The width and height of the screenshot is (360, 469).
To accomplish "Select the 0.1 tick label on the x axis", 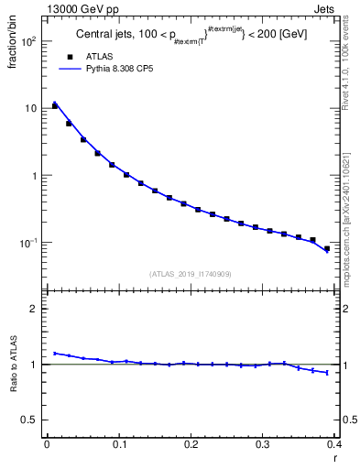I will point(119,444).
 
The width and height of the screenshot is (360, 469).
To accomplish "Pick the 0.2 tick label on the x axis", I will point(191,444).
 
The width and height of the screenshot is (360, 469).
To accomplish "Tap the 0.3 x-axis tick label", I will point(264,444).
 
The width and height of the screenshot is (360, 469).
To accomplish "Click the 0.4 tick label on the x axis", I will point(334,444).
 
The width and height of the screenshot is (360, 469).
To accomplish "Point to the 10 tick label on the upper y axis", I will point(30,108).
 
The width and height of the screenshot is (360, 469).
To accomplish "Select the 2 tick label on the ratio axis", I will point(34,309).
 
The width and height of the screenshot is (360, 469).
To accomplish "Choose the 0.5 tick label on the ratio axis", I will point(29,420).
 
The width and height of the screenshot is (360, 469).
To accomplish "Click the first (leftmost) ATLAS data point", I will point(55,106).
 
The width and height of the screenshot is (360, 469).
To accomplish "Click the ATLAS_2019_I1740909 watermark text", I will point(191,273).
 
